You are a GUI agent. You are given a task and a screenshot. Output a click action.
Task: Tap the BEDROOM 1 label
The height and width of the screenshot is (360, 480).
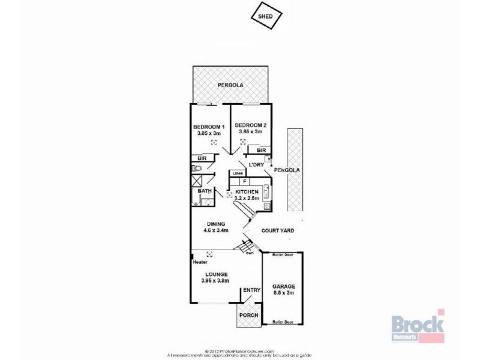(208, 127)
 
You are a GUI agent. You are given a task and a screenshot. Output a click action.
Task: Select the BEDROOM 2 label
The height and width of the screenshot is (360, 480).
(251, 126)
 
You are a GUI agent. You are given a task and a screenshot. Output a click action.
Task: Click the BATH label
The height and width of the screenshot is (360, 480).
(205, 192)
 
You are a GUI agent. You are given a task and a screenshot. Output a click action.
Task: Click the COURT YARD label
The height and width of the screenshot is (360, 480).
(276, 230)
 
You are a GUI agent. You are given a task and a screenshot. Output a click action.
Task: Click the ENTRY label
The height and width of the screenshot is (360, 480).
(251, 291)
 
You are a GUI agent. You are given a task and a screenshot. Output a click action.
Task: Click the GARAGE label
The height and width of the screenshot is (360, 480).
(284, 286)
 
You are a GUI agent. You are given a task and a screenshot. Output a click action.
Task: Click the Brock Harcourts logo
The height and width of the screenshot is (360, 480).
(418, 324)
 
